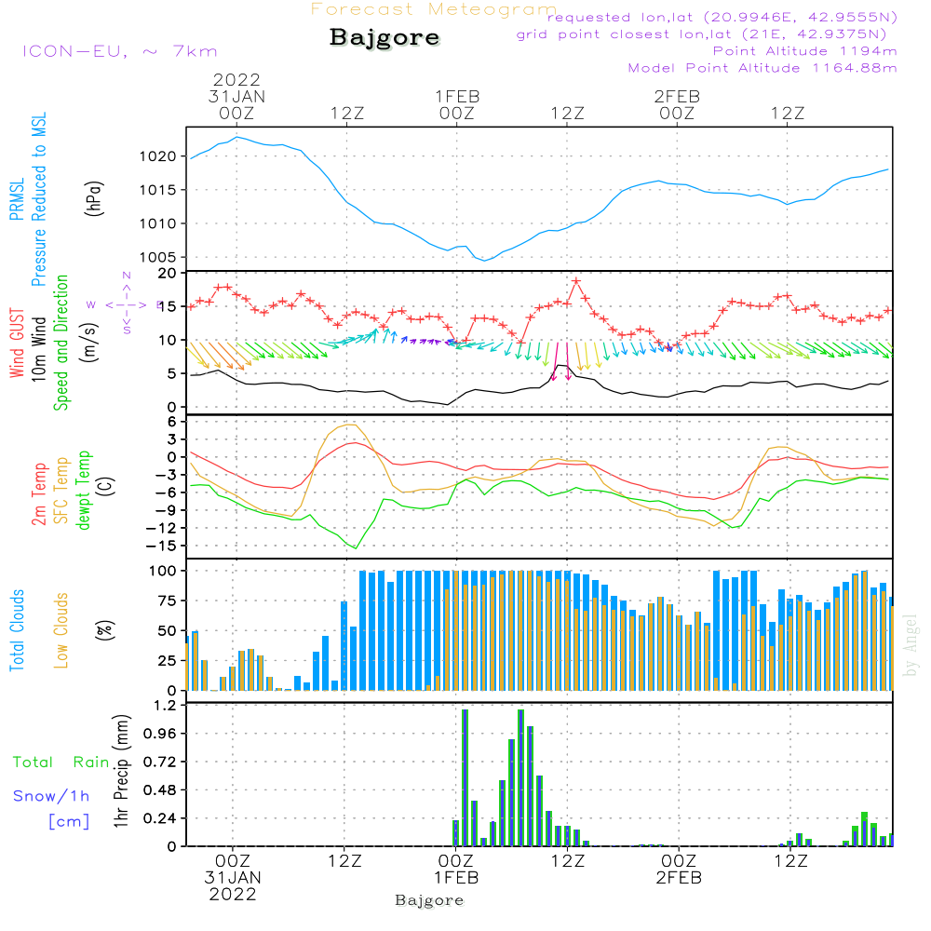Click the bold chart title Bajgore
click(x=385, y=38)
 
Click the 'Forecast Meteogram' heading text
click(x=434, y=10)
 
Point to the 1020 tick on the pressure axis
click(x=160, y=156)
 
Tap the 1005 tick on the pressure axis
click(x=160, y=257)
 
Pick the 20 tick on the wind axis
click(x=168, y=273)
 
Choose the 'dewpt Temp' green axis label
click(x=84, y=491)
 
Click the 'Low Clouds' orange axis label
click(x=61, y=630)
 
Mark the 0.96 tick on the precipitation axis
click(x=158, y=734)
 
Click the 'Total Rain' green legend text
click(x=61, y=762)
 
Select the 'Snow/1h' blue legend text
click(x=51, y=796)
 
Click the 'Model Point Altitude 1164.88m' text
click(x=762, y=68)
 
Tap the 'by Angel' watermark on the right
click(x=911, y=646)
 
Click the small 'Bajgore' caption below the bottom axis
click(x=429, y=900)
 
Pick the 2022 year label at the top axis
click(x=236, y=79)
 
